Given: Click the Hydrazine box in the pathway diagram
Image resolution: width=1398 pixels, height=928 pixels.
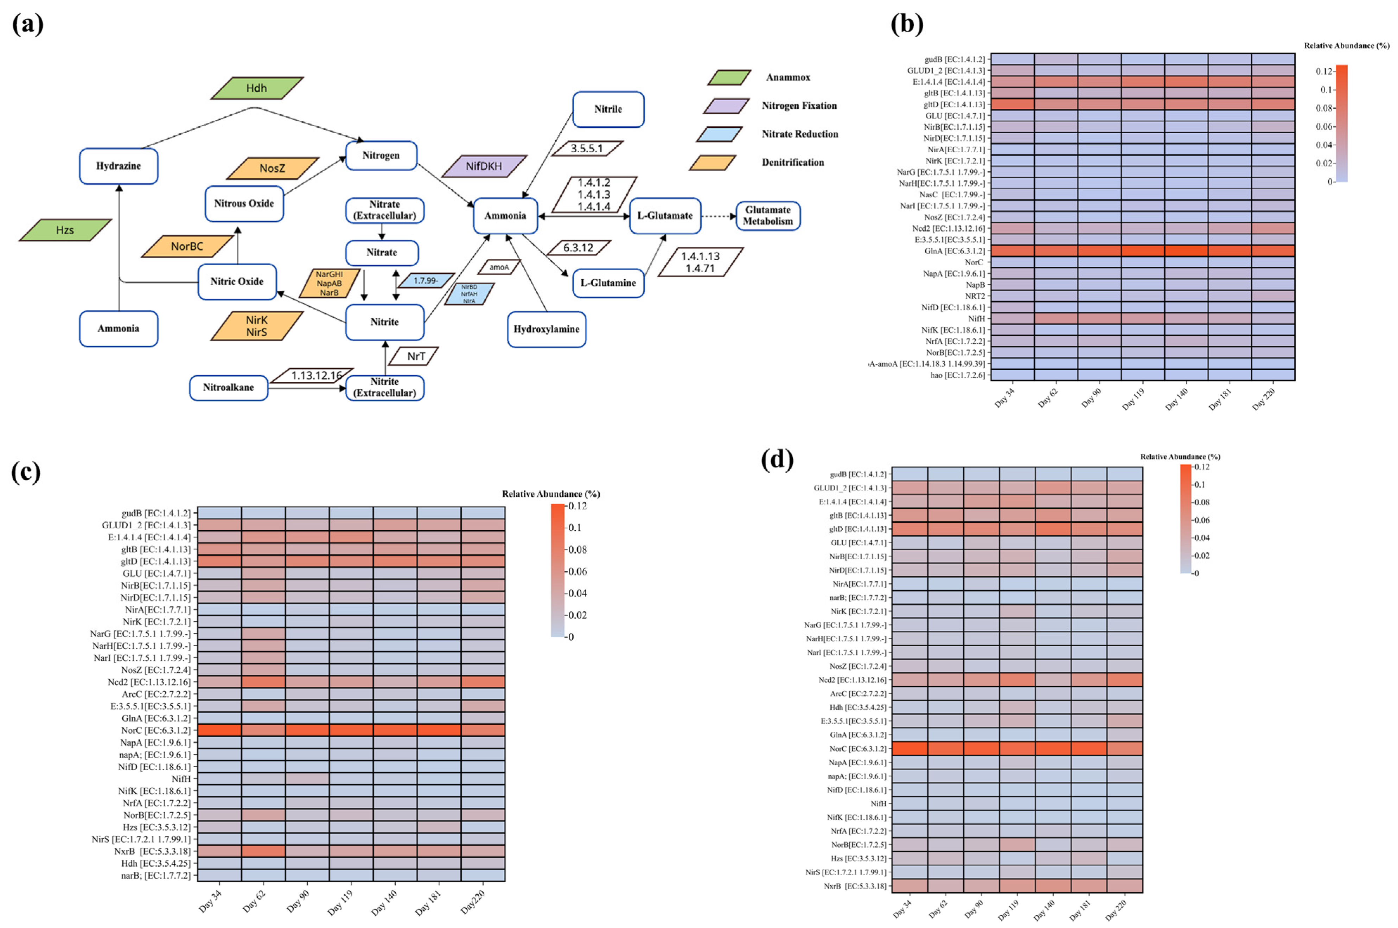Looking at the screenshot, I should [x=118, y=166].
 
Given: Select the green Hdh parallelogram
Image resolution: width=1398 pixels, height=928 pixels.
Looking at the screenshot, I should [x=257, y=88].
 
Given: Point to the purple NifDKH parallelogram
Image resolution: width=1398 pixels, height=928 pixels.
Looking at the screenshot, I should [x=483, y=166].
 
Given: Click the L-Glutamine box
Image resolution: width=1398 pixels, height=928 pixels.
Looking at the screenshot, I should [x=608, y=283].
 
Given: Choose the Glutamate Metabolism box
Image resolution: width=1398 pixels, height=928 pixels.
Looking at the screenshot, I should [x=767, y=215].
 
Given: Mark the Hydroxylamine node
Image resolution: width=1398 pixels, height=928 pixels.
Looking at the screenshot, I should [x=546, y=329].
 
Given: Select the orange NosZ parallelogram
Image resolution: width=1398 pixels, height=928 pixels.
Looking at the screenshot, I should [x=272, y=168].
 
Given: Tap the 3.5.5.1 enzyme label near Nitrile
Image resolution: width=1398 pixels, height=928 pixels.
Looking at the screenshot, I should [x=586, y=148].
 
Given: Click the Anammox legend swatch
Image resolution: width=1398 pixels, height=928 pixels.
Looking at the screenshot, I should [x=729, y=77].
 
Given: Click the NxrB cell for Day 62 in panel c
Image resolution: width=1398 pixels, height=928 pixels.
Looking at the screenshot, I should [x=263, y=851].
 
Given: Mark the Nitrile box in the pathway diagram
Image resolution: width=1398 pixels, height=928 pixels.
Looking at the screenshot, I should [x=608, y=109].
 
